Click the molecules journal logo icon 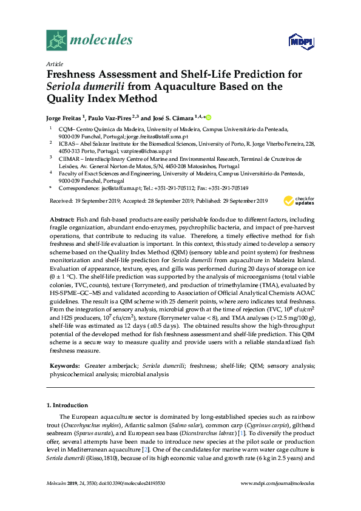point(57,41)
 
